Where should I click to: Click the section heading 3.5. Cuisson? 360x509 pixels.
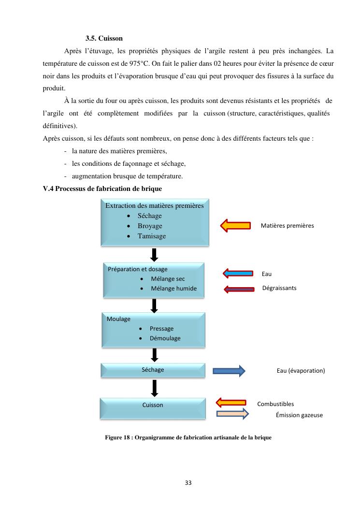[x=104, y=38]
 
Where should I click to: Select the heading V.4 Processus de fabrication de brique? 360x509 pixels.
[x=102, y=189]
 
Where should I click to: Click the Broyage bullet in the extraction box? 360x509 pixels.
[x=150, y=226]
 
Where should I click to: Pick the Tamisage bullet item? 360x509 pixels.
[x=151, y=236]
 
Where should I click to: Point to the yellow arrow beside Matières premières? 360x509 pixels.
[x=235, y=225]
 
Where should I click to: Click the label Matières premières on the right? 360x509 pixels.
[x=287, y=225]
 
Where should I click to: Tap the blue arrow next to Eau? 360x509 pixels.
[x=238, y=274]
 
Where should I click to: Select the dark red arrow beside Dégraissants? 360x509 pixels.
[x=238, y=289]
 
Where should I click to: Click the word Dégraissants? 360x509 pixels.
[x=279, y=288]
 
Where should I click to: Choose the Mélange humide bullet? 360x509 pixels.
[x=173, y=288]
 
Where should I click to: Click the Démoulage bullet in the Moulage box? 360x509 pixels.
[x=165, y=338]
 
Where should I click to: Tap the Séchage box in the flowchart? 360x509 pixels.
[x=153, y=370]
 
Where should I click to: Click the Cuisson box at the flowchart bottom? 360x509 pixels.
[x=153, y=405]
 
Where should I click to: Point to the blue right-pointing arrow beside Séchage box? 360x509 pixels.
[x=229, y=371]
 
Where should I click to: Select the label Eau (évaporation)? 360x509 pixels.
[x=301, y=371]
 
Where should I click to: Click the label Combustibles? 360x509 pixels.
[x=275, y=404]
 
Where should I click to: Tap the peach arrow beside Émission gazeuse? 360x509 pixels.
[x=232, y=414]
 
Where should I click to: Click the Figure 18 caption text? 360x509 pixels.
[x=188, y=437]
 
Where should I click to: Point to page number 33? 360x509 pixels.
[x=188, y=482]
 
